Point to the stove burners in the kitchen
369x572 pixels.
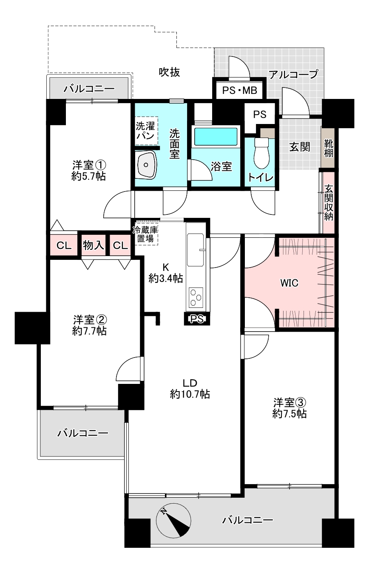(x=196, y=297)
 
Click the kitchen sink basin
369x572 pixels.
(x=195, y=250)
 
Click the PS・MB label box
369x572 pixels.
(x=239, y=90)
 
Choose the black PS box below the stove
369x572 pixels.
(x=196, y=318)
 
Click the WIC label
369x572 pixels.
(x=289, y=282)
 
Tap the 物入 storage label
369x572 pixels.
(x=94, y=245)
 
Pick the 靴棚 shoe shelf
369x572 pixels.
(x=328, y=148)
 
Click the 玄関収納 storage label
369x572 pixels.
(x=329, y=202)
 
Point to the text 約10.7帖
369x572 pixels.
(x=190, y=394)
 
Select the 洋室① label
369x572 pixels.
(x=88, y=164)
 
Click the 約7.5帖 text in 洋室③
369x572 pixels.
(x=289, y=414)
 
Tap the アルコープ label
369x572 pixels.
(x=293, y=75)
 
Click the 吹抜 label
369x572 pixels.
(x=170, y=72)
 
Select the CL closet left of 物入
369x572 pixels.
(x=63, y=245)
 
